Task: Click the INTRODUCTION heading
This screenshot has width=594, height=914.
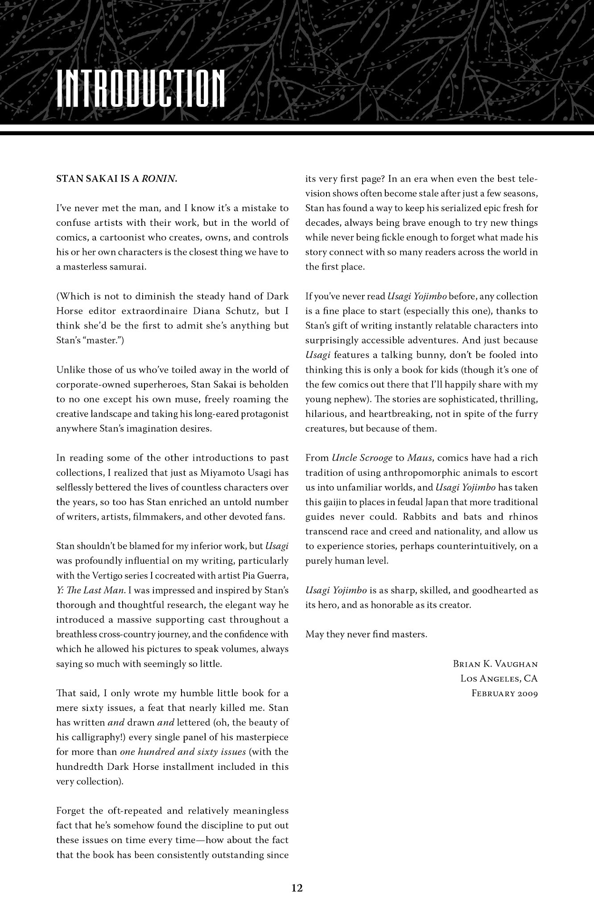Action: click(141, 88)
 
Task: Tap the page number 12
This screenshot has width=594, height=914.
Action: click(297, 888)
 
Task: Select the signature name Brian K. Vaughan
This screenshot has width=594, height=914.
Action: click(495, 664)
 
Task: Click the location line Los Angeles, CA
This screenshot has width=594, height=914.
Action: click(499, 679)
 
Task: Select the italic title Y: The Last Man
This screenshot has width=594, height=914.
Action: click(90, 590)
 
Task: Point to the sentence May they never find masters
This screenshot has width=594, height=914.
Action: click(366, 635)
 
